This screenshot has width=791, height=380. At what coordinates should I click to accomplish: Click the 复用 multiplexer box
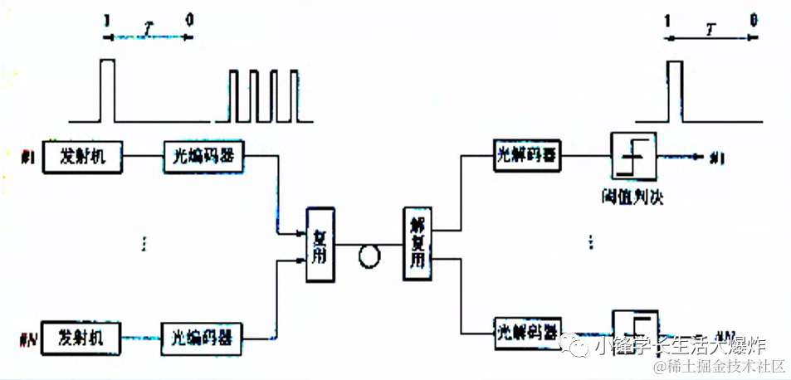(320, 245)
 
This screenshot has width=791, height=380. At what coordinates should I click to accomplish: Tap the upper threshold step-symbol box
(634, 155)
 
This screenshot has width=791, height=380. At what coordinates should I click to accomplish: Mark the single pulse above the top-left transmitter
(106, 90)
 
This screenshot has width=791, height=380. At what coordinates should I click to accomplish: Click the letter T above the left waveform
(148, 28)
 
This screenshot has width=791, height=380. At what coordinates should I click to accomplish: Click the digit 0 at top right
(753, 20)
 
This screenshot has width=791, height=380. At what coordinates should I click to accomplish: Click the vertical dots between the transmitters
(144, 242)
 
